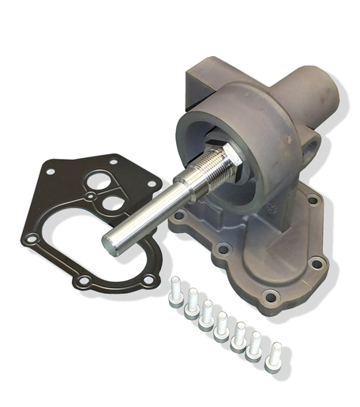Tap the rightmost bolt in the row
click(276, 354)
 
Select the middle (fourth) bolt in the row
click(222, 324)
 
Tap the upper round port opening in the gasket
click(100, 180)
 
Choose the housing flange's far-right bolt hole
click(316, 264)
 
